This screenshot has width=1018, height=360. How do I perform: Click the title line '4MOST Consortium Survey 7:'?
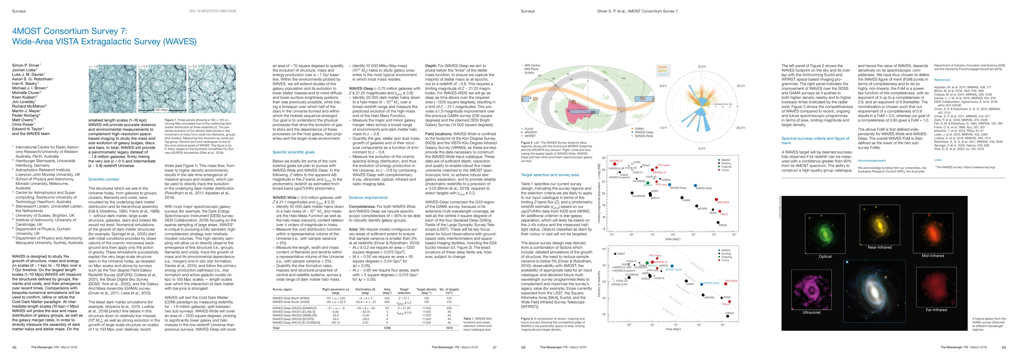[x=70, y=31]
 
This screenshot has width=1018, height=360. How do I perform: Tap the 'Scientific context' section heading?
[x=104, y=179]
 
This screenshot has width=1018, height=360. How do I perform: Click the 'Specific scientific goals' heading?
[x=294, y=152]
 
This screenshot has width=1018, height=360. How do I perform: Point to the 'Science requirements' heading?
[x=368, y=198]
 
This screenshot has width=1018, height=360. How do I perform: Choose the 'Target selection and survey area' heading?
[x=550, y=175]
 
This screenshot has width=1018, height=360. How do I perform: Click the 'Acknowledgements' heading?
[x=871, y=160]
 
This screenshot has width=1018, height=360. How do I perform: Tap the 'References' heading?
[x=942, y=80]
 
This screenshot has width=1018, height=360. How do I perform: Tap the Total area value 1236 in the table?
[x=387, y=328]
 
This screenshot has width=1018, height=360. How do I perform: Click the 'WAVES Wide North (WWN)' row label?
[x=291, y=298]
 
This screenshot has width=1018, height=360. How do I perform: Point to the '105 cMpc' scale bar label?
[x=161, y=110]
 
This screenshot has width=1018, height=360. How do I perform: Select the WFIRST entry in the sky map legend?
[x=530, y=136]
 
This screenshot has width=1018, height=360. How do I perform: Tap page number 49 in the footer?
[x=1003, y=347]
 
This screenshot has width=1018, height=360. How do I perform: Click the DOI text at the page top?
[x=212, y=11]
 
